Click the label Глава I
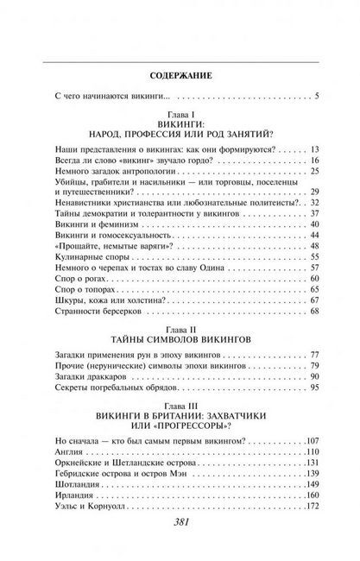(180, 113)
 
